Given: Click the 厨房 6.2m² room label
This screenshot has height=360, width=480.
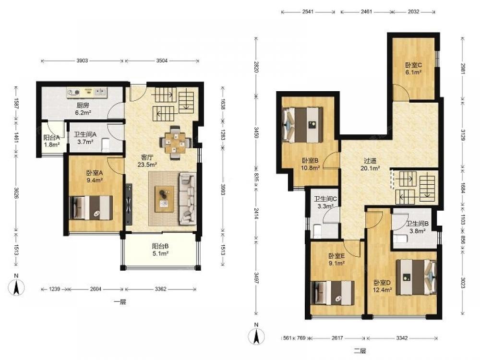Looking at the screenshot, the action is point(83,109).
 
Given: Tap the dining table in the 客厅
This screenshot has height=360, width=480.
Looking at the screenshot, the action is point(175,143).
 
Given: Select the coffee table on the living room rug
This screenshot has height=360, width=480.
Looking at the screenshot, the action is point(164,199).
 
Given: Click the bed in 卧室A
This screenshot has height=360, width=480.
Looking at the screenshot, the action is point(91,208).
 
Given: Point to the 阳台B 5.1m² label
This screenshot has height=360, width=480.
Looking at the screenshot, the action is point(160,250).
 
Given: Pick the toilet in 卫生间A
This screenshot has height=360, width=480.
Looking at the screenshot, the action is point(105,144).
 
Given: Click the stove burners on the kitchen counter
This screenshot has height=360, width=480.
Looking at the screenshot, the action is point(73,92).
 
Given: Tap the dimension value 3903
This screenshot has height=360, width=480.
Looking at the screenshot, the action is point(82,60).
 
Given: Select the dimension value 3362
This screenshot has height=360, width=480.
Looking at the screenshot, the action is point(160,288).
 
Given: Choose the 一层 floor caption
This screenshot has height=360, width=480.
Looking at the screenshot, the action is point(120,302).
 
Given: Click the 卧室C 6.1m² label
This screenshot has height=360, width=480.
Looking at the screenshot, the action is point(413,69).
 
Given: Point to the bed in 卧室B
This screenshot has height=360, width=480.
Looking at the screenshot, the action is point(303,125).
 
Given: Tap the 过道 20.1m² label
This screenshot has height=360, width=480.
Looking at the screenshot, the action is point(370,164).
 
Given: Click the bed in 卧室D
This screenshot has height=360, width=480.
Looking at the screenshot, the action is point(416,277).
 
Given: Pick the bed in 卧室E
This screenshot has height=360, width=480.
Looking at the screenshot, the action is point(333,293).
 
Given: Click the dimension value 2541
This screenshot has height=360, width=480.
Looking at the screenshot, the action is point(308,12).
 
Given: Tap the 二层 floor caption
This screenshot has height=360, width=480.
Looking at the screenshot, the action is point(360,351).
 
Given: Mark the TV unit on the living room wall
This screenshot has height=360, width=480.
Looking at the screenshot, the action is point(129,204).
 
